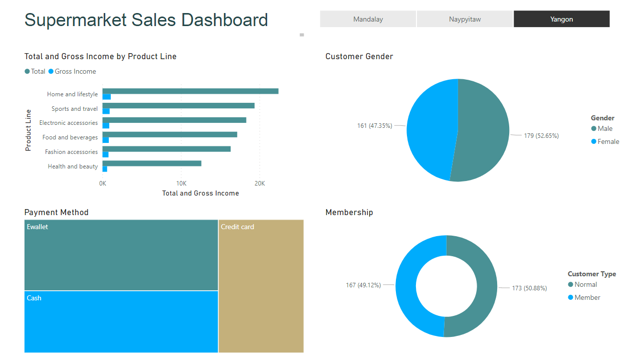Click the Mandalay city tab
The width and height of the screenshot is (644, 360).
[x=368, y=19]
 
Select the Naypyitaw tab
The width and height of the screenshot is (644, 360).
[x=465, y=19]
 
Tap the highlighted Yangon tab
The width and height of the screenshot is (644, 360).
[x=561, y=19]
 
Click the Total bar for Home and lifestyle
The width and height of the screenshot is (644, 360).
[x=190, y=91]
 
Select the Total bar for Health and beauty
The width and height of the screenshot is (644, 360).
[x=152, y=163]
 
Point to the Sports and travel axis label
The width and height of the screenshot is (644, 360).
[x=75, y=109]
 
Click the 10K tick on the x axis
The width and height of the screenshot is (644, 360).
[x=181, y=184]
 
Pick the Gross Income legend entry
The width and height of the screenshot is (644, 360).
[x=75, y=72]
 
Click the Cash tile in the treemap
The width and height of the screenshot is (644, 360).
[x=121, y=321]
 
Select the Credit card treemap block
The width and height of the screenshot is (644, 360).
[x=261, y=286]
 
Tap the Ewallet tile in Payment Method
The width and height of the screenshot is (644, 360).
[x=121, y=255]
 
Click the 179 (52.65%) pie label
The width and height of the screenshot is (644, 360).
[x=541, y=136]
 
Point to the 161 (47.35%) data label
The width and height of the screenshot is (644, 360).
[x=374, y=126]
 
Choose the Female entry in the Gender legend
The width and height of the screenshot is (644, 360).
[x=608, y=142]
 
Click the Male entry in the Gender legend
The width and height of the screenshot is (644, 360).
[x=605, y=129]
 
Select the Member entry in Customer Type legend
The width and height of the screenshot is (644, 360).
[x=587, y=298]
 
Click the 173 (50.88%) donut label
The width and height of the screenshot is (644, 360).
[x=529, y=288]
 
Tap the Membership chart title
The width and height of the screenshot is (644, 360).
[x=349, y=213]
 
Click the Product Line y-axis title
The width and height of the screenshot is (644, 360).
[x=29, y=130]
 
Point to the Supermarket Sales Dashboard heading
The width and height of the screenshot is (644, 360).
[x=146, y=20]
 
